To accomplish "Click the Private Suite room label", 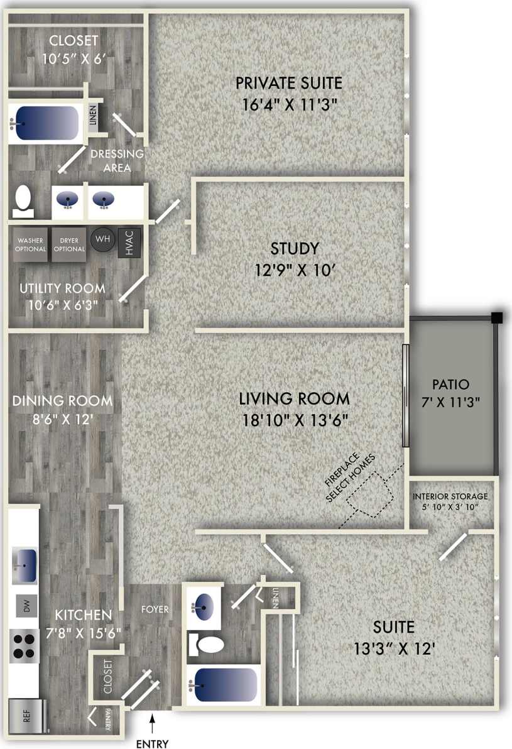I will click(288, 83).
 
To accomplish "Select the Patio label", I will click(450, 384).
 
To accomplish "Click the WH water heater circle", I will click(102, 239).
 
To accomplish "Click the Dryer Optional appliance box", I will click(68, 244).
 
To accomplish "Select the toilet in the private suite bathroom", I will click(23, 198).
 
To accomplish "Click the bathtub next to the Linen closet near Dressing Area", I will click(45, 123).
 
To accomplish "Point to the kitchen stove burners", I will click(25, 643).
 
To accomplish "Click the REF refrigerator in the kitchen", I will click(26, 716).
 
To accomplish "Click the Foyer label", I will click(155, 609).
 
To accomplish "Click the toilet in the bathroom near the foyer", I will click(210, 644).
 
